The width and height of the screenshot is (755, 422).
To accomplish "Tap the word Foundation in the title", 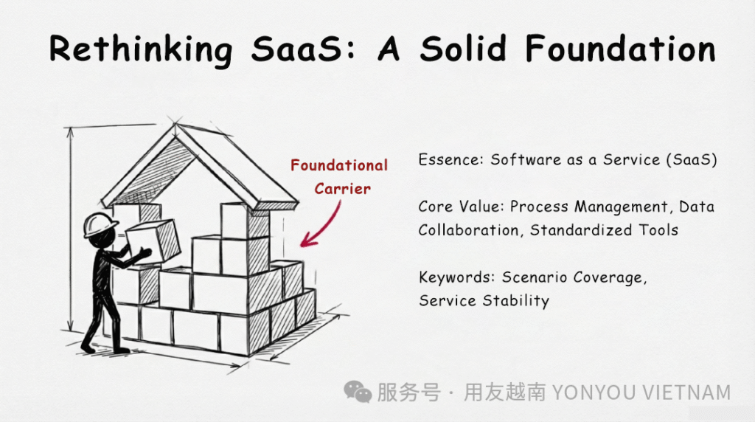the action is click(x=620, y=49).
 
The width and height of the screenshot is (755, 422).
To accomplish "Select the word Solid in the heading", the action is click(x=463, y=49).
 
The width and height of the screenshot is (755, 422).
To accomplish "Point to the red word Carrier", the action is click(x=342, y=188).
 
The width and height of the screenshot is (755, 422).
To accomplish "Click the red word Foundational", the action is click(x=339, y=165).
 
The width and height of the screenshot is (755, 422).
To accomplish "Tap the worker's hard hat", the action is click(x=100, y=224).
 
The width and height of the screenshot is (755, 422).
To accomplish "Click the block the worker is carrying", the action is click(x=153, y=241).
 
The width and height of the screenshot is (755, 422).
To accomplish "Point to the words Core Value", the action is click(x=461, y=207).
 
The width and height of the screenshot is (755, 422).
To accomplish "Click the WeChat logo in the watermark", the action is click(x=358, y=391).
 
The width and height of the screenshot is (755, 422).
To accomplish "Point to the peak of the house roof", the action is click(x=175, y=124).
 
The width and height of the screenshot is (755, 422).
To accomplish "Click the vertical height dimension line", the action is click(x=71, y=229).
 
